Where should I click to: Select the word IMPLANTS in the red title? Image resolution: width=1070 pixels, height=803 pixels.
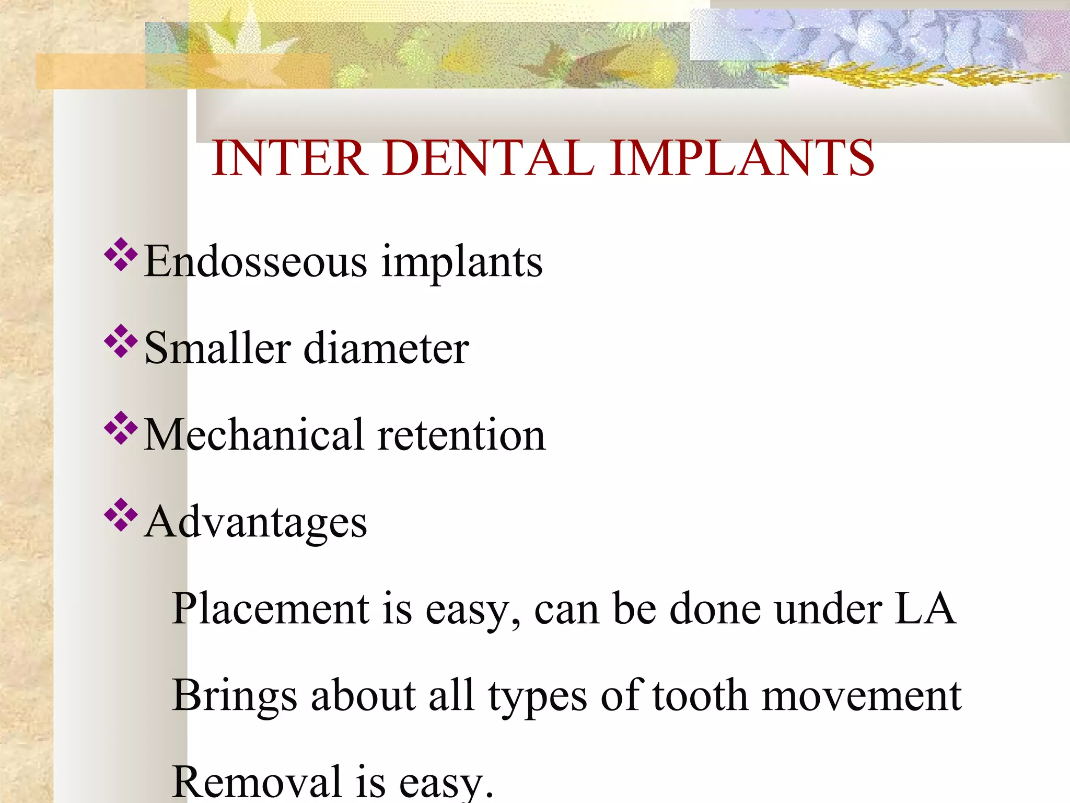(741, 158)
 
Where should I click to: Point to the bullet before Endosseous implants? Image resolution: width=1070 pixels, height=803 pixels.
(121, 255)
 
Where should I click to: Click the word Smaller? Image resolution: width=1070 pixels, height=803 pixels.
(217, 348)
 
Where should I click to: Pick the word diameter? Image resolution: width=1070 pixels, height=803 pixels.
(386, 348)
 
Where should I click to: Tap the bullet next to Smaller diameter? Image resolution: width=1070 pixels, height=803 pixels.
(121, 341)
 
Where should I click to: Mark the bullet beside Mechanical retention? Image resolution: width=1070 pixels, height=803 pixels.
(121, 428)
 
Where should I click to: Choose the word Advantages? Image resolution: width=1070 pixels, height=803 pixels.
(256, 522)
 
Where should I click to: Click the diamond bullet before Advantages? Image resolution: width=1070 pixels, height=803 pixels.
(121, 515)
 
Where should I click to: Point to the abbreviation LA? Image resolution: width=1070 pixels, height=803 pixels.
(924, 609)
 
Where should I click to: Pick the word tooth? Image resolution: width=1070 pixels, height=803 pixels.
(700, 696)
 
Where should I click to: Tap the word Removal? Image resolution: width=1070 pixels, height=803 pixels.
(257, 783)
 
